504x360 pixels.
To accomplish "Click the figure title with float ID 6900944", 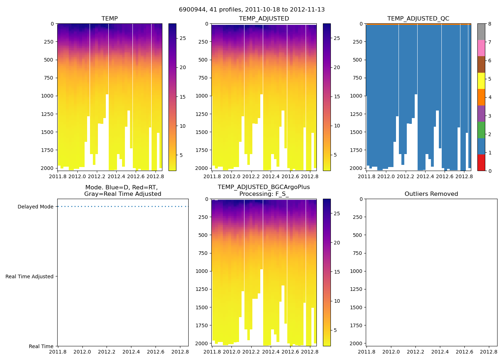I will [252, 10].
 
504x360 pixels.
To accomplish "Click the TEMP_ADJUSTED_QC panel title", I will [418, 19].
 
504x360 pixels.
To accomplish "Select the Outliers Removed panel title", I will [431, 194].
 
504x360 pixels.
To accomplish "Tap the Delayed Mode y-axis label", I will [35, 207].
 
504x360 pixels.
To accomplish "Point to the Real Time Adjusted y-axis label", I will [29, 276].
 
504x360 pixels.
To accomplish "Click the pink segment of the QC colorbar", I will [481, 48].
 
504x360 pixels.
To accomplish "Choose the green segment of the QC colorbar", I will [481, 130].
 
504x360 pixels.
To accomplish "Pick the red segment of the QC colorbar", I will [481, 163].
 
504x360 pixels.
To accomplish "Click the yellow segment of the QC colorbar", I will [481, 81].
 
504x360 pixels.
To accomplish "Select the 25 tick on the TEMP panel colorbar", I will [183, 38].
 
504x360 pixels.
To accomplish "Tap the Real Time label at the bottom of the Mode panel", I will [41, 346].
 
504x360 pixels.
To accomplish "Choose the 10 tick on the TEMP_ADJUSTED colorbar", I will [337, 126].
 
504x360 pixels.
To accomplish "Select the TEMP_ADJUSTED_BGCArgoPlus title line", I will [264, 187].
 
